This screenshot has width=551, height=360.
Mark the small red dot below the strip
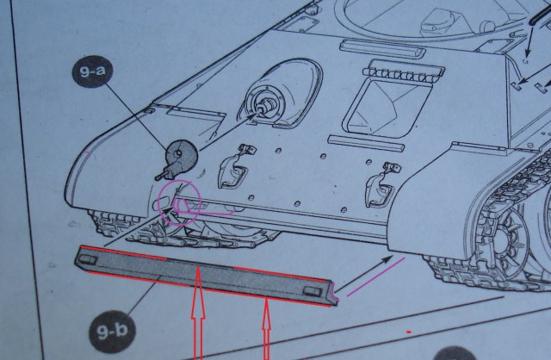pos(408,329)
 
